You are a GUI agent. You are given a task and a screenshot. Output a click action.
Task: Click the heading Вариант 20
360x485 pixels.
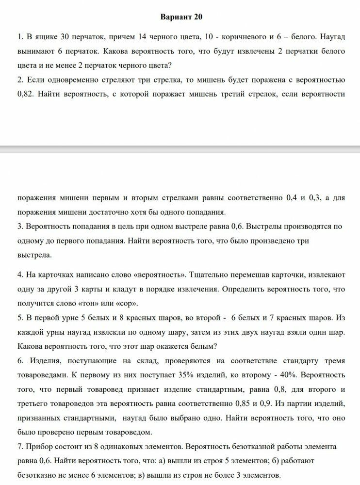point(181,17)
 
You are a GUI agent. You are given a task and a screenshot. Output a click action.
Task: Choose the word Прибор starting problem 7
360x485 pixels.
point(39,446)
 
